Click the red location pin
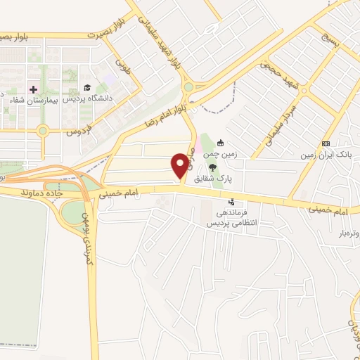[x=181, y=165]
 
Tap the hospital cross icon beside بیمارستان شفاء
[x=32, y=89]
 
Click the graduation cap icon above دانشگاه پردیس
[x=87, y=88]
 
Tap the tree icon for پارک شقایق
[x=212, y=167]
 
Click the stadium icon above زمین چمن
[x=221, y=141]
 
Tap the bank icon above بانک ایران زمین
[x=325, y=143]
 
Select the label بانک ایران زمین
[x=326, y=154]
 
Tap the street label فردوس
[x=81, y=128]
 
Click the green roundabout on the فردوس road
[x=44, y=130]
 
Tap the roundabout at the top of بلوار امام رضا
[x=188, y=87]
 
